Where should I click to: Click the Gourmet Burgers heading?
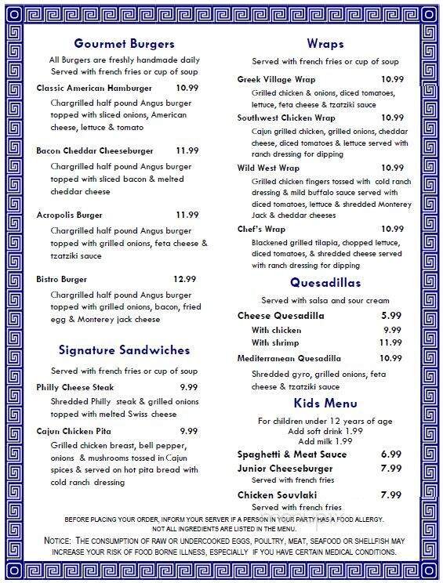coord(124,44)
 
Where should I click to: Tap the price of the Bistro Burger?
coord(184,278)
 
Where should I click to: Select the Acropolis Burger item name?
coord(70,214)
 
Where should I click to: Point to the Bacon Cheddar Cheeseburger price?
coord(187,150)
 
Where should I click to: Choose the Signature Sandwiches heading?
coord(123,349)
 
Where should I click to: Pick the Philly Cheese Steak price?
coord(188,387)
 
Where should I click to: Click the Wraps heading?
coord(325,44)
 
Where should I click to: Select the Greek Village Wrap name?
coord(277,79)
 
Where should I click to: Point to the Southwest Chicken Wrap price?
coord(391,118)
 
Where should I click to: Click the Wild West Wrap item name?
coord(268,168)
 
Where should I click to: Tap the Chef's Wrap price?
coord(391,229)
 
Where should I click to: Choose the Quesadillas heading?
coord(325,281)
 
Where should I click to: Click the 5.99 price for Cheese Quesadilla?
coord(391,316)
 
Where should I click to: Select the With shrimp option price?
coord(390,342)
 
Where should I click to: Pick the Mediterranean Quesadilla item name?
coord(289,358)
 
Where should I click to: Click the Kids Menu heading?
coord(325,403)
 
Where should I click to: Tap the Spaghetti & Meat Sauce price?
coord(390,454)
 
